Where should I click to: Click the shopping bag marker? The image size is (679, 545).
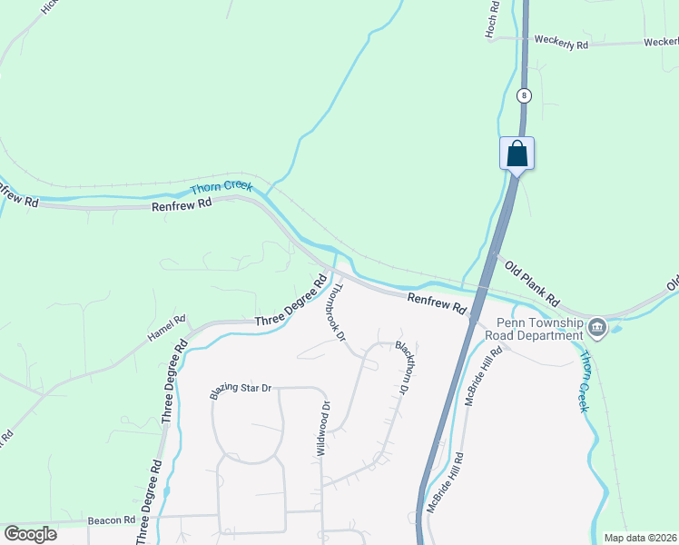coord(517,153)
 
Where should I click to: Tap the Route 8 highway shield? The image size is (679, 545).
coord(524,94)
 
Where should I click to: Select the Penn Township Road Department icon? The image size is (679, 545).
coord(596,327)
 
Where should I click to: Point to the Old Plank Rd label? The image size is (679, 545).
coord(533,282)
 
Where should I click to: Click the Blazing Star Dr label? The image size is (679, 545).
coord(241,389)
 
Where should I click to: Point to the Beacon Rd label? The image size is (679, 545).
coord(112,520)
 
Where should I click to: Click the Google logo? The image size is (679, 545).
coord(30,534)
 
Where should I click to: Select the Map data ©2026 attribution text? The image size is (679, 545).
coord(640,538)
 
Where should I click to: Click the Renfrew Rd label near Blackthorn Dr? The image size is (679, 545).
coord(436,303)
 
